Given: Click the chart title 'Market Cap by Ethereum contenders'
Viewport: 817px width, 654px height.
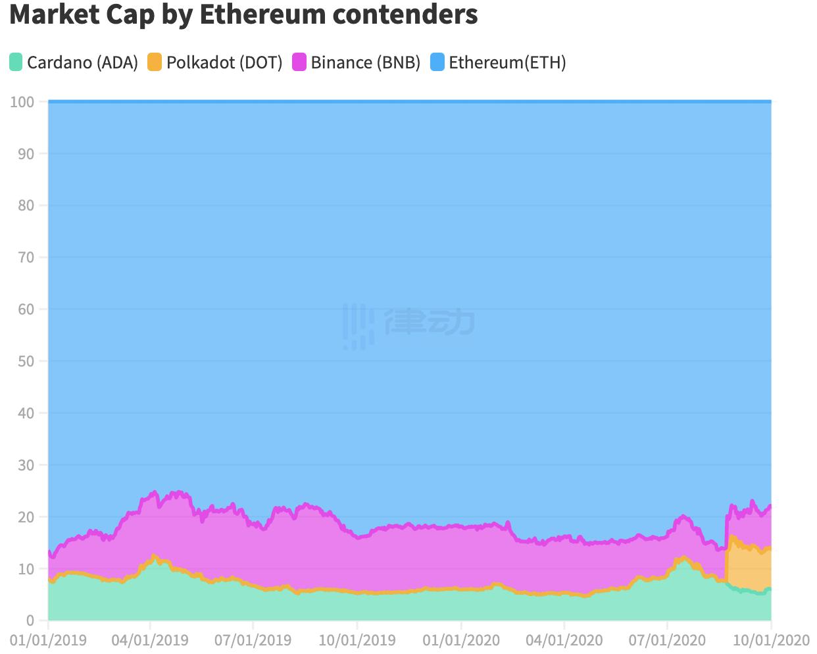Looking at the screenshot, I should click(243, 14).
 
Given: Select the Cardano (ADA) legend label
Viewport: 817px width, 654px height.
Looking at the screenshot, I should click(82, 63).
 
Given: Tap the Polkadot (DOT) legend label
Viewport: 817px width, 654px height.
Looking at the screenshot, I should click(224, 63).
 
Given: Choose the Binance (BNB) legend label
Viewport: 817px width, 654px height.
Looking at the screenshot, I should click(365, 63).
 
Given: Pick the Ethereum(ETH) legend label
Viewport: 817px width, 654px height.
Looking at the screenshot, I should click(507, 63).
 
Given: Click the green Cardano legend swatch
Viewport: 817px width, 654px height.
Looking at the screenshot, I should click(16, 63).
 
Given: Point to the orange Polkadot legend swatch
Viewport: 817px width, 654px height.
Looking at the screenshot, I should click(155, 63).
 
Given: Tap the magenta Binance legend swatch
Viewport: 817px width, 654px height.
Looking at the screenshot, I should click(299, 63).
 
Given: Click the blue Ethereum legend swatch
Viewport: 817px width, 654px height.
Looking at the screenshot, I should click(437, 63).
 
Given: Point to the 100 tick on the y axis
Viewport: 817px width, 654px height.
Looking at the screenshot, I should click(22, 102).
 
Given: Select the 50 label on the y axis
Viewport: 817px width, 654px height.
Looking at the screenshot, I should click(26, 361).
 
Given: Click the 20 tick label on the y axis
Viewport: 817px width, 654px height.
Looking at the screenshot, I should click(26, 517).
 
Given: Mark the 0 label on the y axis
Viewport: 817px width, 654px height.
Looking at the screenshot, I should click(30, 620).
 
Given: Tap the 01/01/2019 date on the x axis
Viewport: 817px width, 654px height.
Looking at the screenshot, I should click(48, 640).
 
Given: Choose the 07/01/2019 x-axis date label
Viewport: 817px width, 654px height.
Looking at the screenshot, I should click(253, 640).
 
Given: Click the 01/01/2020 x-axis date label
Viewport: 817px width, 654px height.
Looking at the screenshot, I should click(461, 640).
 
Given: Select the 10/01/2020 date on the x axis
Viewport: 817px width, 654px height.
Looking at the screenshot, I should click(771, 640).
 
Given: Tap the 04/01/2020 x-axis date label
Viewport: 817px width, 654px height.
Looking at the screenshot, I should click(564, 640).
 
